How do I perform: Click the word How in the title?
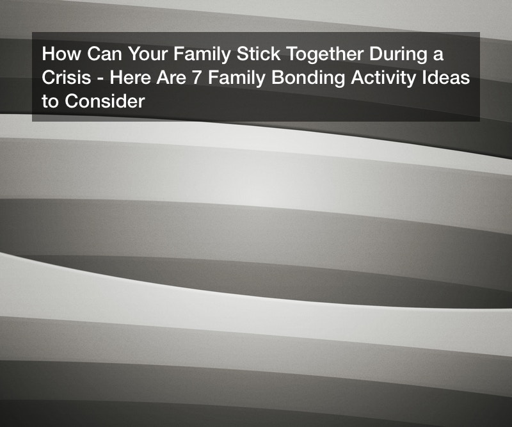pyautogui.click(x=61, y=54)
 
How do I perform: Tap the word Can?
pyautogui.click(x=104, y=54)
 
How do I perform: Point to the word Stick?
pyautogui.click(x=259, y=54)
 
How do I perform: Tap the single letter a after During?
pyautogui.click(x=438, y=56)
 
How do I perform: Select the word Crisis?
pyautogui.click(x=67, y=77)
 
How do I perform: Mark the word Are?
pyautogui.click(x=171, y=77)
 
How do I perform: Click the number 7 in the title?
pyautogui.click(x=197, y=77)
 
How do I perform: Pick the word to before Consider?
pyautogui.click(x=51, y=101)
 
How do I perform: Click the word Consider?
pyautogui.click(x=105, y=101)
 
